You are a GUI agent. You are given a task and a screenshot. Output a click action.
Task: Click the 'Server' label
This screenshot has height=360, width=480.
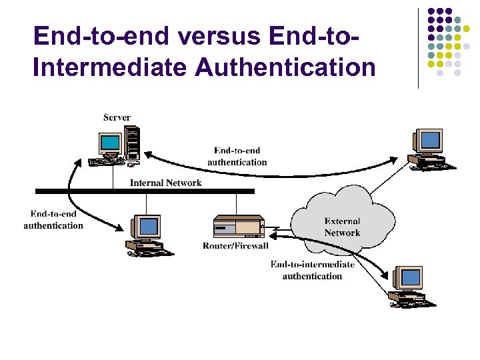[117, 118]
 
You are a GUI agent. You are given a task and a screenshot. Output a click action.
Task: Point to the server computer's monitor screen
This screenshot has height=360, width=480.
[111, 143]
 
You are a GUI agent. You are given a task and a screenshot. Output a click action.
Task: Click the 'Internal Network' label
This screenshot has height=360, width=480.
[165, 183]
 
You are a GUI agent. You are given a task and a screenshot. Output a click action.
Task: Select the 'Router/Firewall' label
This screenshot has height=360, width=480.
[235, 246]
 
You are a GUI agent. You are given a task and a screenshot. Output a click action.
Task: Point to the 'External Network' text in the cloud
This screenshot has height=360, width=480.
[342, 227]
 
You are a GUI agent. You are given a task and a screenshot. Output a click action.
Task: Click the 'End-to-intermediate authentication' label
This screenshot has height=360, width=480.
[312, 270]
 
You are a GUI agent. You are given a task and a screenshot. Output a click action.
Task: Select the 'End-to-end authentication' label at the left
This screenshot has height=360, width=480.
[53, 220]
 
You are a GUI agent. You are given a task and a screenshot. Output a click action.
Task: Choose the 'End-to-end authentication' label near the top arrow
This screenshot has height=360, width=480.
[237, 157]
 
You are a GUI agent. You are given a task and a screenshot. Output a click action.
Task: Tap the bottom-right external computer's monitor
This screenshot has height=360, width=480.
[409, 277]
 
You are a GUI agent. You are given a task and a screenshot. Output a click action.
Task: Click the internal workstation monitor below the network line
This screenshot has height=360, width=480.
[147, 228]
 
